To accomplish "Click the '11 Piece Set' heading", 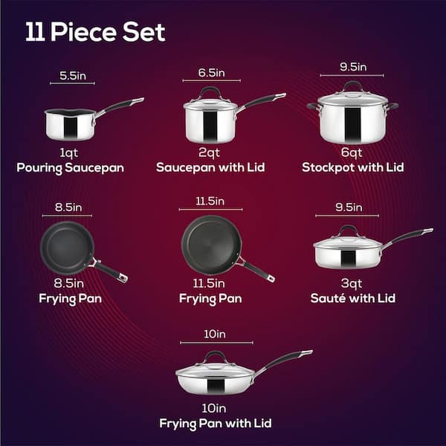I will point(95,33).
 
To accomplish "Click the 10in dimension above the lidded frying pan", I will point(212,334).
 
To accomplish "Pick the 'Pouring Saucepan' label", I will point(71,168).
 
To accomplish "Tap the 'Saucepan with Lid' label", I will point(211,168).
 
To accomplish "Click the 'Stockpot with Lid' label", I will point(353,168).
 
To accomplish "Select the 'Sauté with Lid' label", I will point(353,298).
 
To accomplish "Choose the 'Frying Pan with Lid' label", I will point(216,423).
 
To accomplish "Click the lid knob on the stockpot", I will point(353,85).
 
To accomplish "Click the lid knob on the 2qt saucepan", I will point(211,91).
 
